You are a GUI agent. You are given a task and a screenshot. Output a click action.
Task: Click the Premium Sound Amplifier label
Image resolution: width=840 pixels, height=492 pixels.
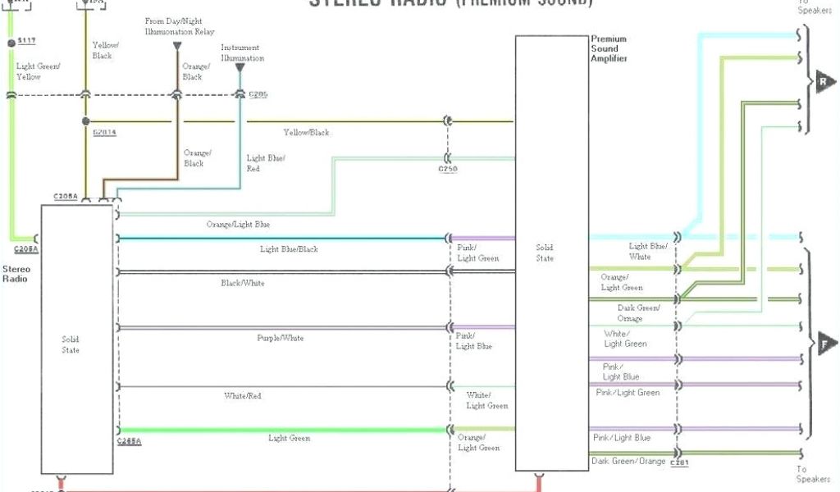coord(609,49)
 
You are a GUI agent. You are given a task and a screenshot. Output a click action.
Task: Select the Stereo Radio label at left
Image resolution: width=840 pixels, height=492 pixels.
coord(16,274)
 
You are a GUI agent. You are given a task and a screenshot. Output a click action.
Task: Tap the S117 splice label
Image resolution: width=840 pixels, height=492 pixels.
coord(26,42)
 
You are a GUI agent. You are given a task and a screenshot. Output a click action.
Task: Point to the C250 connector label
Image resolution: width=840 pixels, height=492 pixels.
coord(448,169)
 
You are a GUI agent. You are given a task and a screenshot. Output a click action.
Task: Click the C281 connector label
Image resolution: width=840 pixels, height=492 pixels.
coord(678,464)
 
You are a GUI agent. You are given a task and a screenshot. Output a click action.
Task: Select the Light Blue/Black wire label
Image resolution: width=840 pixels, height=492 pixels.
coord(289,248)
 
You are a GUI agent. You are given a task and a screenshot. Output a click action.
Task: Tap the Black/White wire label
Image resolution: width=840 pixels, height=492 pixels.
coord(243,283)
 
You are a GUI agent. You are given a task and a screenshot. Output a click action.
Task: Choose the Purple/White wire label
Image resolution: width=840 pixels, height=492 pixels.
coord(281,338)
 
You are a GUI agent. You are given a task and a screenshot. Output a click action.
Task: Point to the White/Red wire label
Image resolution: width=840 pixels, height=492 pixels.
coord(243,396)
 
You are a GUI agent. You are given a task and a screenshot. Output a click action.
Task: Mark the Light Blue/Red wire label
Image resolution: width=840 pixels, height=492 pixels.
coord(266,162)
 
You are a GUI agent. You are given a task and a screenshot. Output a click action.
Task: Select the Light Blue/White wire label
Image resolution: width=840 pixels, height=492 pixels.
coord(648,251)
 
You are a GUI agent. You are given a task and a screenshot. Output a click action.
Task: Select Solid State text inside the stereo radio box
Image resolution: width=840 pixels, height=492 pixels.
coord(71,344)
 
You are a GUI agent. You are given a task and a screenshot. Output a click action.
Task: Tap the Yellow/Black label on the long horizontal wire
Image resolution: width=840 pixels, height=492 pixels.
coord(306,132)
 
